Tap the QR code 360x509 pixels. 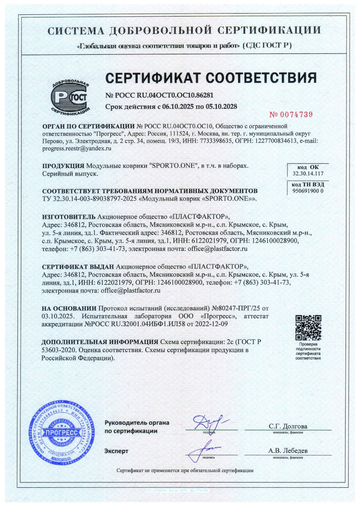308,327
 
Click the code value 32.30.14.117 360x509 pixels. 308,173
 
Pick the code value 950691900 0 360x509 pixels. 308,191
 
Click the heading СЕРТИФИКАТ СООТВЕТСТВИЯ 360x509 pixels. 211,78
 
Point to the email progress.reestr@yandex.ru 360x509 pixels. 76,148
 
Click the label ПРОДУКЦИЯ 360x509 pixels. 63,166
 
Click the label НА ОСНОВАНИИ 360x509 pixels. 69,308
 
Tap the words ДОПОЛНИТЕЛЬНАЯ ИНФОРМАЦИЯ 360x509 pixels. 100,342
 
